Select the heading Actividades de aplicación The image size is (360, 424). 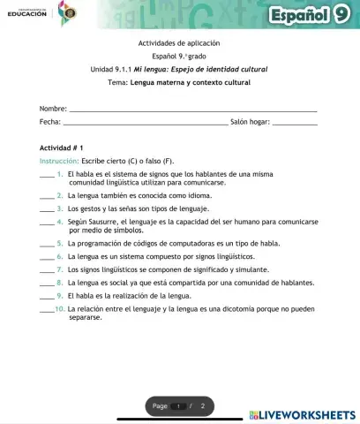[x=179, y=42]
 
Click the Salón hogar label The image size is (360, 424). [x=249, y=122]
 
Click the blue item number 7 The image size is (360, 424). [x=59, y=269]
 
